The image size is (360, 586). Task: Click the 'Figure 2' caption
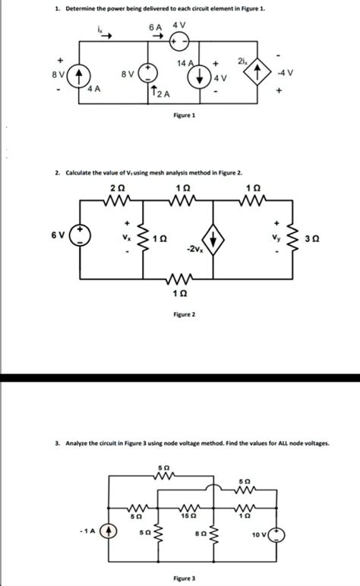coord(183,314)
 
